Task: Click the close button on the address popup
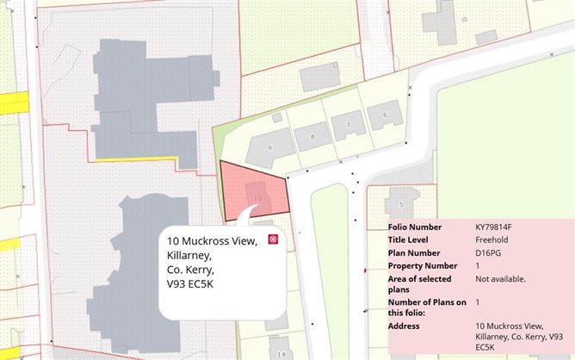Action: coord(273,239)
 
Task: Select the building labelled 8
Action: coord(313,136)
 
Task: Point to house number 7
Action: coord(348,125)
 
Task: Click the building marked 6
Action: coord(384,114)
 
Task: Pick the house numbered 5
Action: coord(400,204)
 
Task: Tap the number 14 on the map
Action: coord(281,353)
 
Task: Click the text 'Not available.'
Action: coord(500,279)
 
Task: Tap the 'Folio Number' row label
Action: coord(414,227)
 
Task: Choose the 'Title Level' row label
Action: coord(408,240)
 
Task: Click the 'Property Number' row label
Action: coord(418,266)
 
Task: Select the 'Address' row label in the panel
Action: coord(404,326)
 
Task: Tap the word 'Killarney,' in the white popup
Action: coord(189,255)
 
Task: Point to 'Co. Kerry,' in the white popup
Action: coord(191,270)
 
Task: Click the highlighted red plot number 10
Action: coord(258,198)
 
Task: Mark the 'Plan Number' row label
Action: coord(412,253)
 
